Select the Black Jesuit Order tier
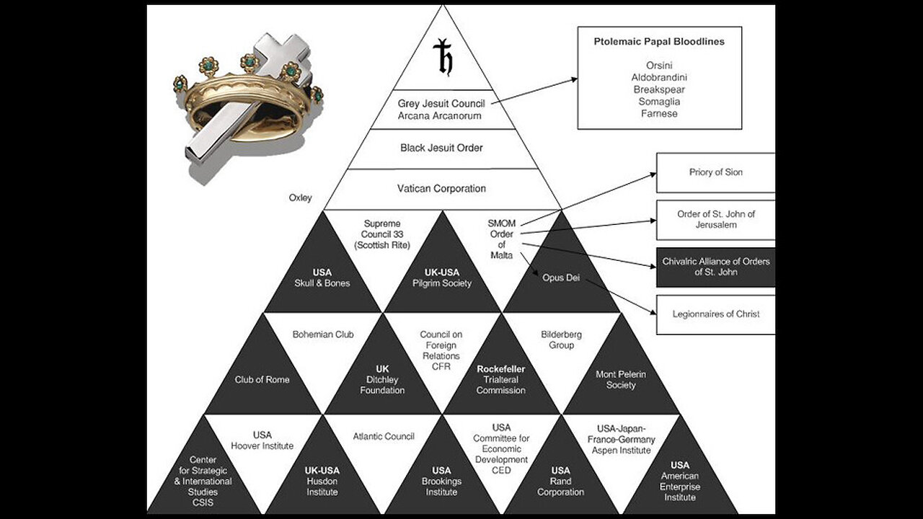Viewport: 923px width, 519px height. [x=441, y=148]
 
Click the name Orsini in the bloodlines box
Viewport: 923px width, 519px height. [x=659, y=65]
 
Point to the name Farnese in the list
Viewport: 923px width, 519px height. [x=659, y=114]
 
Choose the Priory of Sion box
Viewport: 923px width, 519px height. [x=715, y=173]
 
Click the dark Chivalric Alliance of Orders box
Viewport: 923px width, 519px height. [x=715, y=267]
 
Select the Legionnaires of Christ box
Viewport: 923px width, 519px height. [x=715, y=314]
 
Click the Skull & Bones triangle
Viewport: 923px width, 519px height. [x=322, y=278]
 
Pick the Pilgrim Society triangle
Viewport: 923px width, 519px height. [x=442, y=278]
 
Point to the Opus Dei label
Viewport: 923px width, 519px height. [x=561, y=278]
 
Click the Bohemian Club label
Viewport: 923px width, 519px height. [x=323, y=334]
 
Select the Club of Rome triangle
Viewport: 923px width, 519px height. [x=262, y=379]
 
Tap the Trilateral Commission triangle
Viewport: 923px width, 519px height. [x=500, y=379]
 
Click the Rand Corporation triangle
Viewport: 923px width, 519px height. [x=560, y=481]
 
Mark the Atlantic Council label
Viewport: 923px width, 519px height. [x=384, y=436]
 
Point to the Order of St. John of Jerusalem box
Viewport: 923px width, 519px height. [x=715, y=220]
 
